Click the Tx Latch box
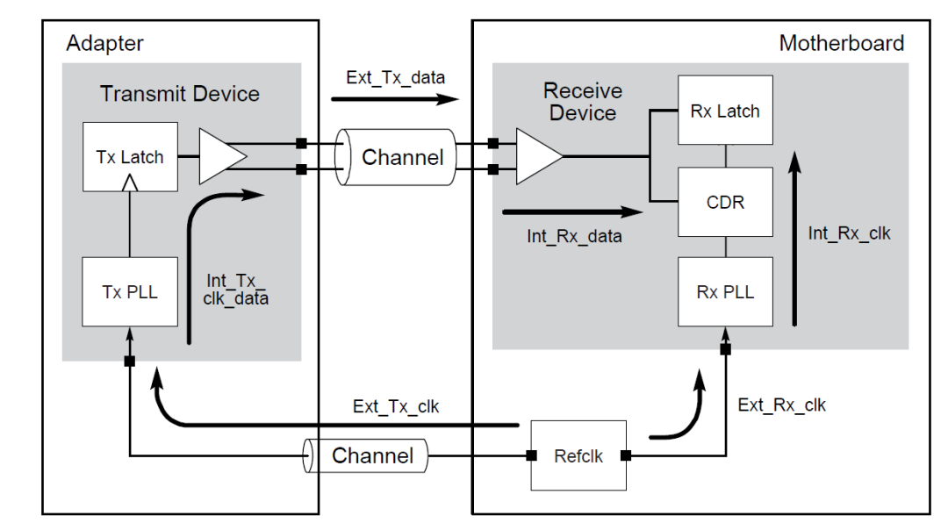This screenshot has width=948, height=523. tap(130, 157)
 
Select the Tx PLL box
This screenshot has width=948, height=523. tap(130, 292)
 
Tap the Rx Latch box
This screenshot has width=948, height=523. tap(725, 111)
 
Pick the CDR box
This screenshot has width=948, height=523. tap(725, 202)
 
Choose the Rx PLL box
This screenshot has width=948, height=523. tap(725, 292)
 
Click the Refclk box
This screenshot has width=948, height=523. tap(578, 456)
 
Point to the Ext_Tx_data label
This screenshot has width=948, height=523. tap(395, 77)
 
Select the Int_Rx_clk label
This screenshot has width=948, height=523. tap(849, 233)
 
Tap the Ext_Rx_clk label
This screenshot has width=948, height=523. tap(781, 405)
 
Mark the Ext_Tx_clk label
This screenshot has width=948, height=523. tap(396, 406)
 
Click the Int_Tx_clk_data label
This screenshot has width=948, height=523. tap(236, 290)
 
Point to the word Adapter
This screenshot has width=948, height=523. tap(104, 43)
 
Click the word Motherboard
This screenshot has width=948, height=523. tap(841, 43)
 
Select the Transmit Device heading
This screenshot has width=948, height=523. tap(180, 94)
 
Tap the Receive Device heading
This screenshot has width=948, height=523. tap(583, 102)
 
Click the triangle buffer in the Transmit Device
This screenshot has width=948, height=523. tap(221, 157)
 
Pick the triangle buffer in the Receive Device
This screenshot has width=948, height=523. tap(538, 157)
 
